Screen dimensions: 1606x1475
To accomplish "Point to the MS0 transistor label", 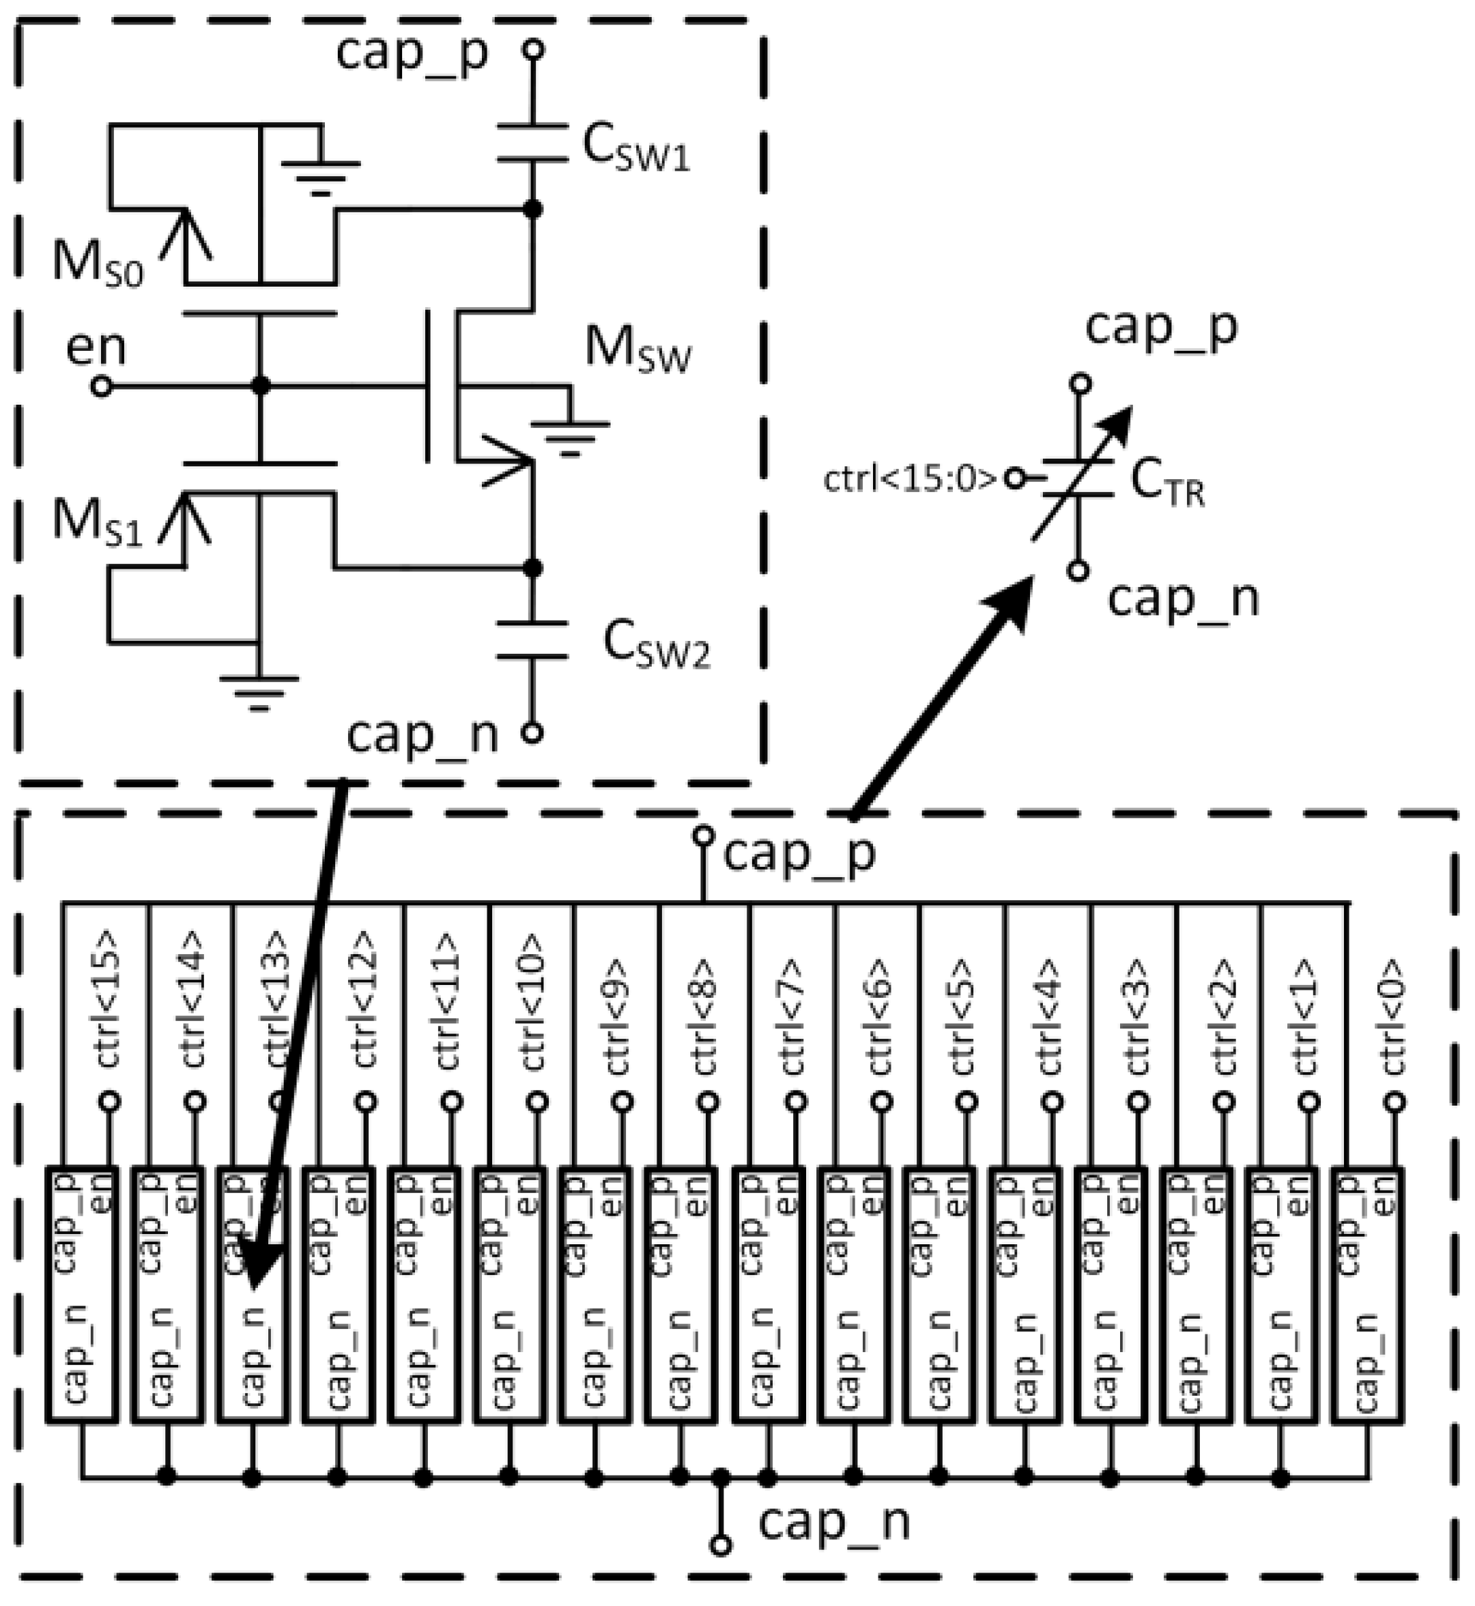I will tap(96, 263).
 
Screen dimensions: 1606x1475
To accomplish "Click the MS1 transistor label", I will tap(96, 523).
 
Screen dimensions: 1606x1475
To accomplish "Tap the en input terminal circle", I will tap(102, 387).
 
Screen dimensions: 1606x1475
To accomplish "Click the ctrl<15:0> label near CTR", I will tap(910, 480).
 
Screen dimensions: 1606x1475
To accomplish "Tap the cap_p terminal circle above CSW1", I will tap(533, 51).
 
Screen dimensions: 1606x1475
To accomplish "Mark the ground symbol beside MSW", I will tap(570, 435).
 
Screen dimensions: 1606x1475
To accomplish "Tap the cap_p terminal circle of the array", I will tap(703, 835).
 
